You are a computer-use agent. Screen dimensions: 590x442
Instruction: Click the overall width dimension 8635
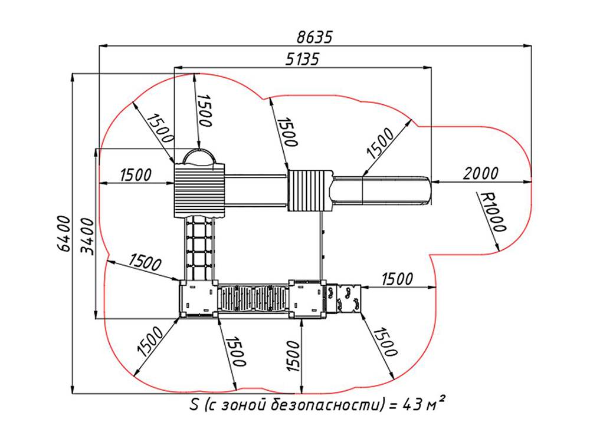(315, 37)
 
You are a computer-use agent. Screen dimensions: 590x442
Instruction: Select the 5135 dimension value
(302, 59)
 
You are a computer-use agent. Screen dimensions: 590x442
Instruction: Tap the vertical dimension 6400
(64, 233)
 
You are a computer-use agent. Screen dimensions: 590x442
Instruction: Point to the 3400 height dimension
(87, 236)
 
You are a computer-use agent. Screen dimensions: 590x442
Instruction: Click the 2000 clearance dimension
(480, 174)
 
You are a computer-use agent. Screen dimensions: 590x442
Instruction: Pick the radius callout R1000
(490, 211)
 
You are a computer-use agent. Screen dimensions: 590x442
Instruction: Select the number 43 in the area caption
(413, 405)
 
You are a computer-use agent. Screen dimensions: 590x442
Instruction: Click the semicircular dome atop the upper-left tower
(199, 156)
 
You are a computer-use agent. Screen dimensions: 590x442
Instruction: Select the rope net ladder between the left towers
(199, 249)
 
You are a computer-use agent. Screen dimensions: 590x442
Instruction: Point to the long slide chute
(381, 190)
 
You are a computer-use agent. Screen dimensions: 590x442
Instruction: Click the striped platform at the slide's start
(310, 190)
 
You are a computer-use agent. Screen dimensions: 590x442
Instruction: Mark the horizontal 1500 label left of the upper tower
(136, 175)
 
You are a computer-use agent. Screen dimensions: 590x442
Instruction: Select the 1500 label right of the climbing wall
(397, 279)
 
